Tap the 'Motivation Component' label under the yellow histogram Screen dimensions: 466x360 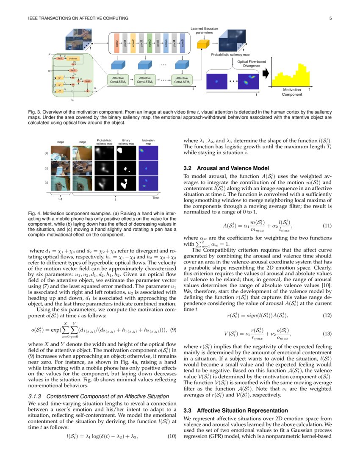[x=292, y=92]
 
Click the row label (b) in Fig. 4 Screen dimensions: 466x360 [x=46, y=168]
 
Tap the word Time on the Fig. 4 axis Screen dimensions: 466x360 [x=155, y=197]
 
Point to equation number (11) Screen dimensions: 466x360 [x=327, y=226]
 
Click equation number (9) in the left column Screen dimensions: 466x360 [x=172, y=330]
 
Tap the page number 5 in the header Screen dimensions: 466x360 [x=329, y=18]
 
